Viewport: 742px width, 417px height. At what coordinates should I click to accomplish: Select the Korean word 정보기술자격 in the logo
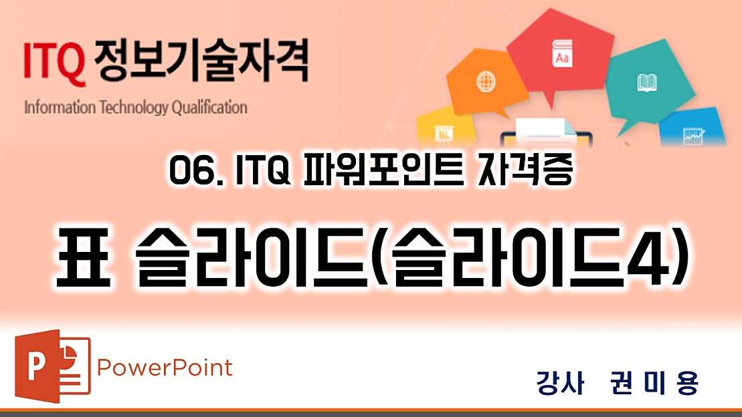click(x=201, y=61)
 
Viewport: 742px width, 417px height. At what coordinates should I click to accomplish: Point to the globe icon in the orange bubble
click(x=484, y=82)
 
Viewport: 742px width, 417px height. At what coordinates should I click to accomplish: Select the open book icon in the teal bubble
click(x=646, y=82)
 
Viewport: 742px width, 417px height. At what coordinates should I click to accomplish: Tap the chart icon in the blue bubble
click(x=691, y=136)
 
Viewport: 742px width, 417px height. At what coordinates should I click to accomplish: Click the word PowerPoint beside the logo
click(x=165, y=368)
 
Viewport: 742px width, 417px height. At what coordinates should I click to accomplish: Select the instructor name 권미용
click(x=654, y=383)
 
